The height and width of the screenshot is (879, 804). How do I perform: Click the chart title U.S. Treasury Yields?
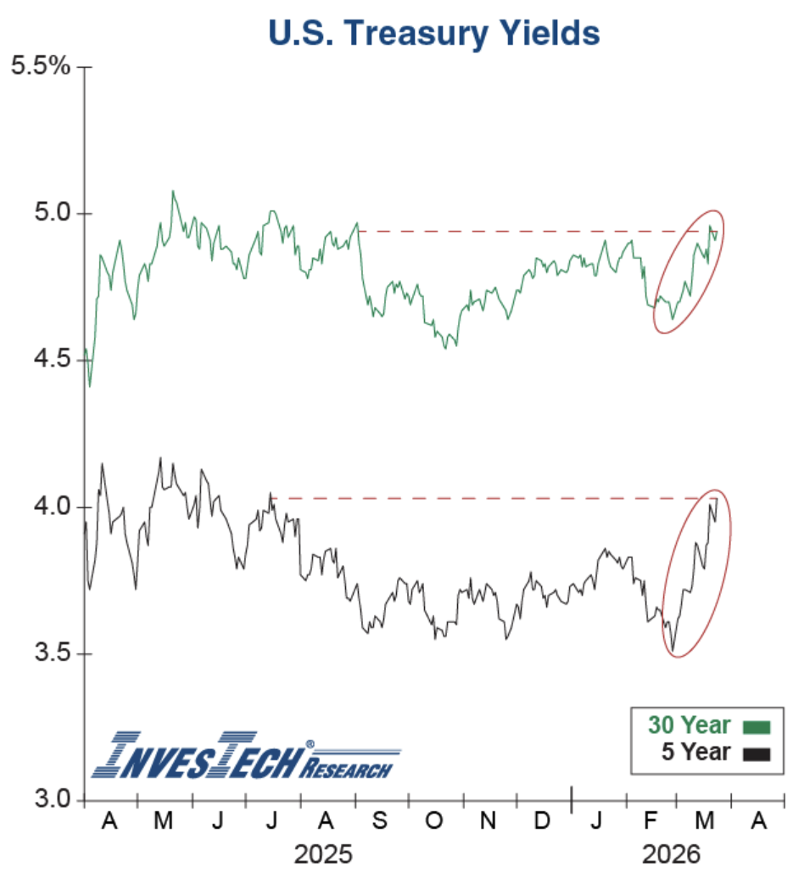433,33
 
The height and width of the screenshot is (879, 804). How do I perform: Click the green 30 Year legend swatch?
756,727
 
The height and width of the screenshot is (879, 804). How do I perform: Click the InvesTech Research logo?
246,754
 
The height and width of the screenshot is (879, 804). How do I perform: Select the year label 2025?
323,854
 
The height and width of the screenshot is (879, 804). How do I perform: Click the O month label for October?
434,821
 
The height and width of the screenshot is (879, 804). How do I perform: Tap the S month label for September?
381,821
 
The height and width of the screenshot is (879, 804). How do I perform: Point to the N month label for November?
489,821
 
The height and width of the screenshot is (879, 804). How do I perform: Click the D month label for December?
543,821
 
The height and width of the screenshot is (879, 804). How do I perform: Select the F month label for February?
651,821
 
